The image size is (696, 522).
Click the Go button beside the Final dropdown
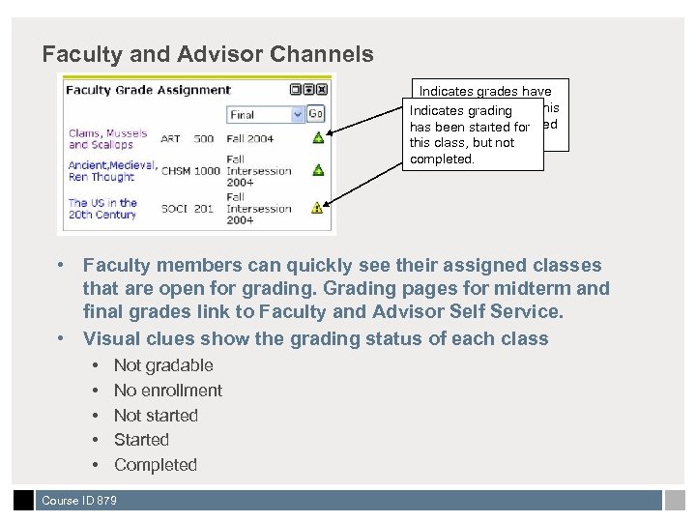316,113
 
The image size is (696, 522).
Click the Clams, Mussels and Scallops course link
107,139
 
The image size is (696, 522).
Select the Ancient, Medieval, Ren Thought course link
112,171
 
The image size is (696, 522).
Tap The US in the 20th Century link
102,209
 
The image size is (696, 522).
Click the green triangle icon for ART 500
317,138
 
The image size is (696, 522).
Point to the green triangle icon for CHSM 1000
317,170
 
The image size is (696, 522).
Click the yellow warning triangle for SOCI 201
317,207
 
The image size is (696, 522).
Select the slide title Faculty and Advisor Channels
208,54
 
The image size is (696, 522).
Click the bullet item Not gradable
163,365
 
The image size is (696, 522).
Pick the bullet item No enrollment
168,391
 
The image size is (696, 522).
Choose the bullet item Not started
156,416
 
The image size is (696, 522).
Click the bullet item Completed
156,465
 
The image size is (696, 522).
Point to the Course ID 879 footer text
79,501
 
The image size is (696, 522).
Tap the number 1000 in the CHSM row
207,171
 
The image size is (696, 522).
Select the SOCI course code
174,209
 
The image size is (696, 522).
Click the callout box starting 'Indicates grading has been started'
473,134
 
